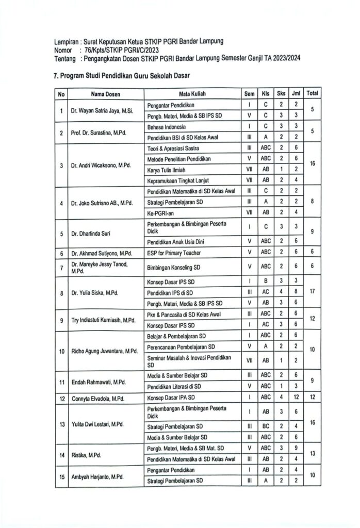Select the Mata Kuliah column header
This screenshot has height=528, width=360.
pos(190,94)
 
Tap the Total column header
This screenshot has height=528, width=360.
pos(313,94)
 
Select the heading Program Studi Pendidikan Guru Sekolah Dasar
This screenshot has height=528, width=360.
pos(122,75)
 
